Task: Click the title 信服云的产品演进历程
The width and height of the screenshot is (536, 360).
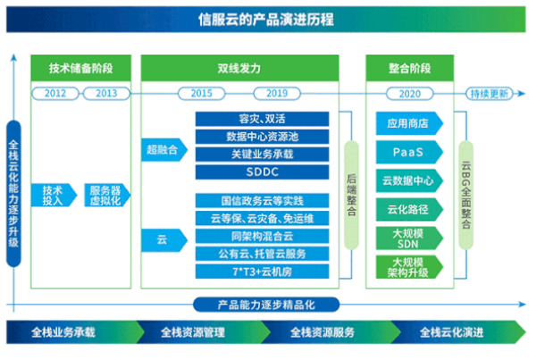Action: [x=267, y=19]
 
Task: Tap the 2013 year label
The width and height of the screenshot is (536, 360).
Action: [x=106, y=93]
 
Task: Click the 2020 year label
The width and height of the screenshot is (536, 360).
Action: [x=409, y=93]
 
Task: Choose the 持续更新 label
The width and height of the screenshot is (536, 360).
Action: [x=490, y=93]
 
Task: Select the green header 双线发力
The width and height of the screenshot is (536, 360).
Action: [x=240, y=68]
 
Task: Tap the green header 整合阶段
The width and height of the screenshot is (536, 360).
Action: [x=410, y=68]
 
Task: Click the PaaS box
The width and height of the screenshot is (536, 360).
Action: [x=409, y=152]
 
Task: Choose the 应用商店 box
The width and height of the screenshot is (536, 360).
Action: [x=409, y=123]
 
